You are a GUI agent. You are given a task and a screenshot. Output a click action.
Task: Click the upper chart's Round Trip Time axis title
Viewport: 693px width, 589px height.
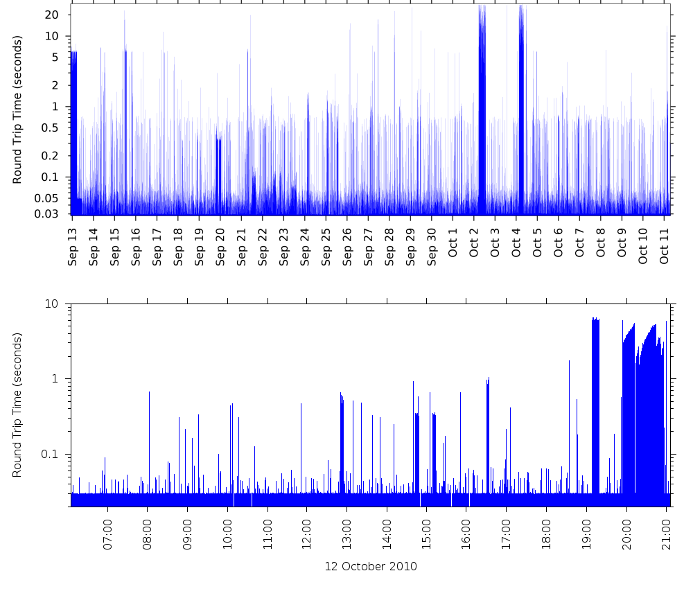(x=18, y=109)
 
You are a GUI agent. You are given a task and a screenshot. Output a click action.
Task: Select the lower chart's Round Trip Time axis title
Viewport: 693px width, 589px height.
(x=18, y=405)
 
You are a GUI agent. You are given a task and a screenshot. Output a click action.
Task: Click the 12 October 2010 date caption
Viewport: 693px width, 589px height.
(x=371, y=566)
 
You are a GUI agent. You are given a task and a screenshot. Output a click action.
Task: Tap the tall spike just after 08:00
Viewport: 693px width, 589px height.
(x=149, y=443)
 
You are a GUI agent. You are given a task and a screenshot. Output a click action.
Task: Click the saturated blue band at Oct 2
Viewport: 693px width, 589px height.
(x=482, y=104)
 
